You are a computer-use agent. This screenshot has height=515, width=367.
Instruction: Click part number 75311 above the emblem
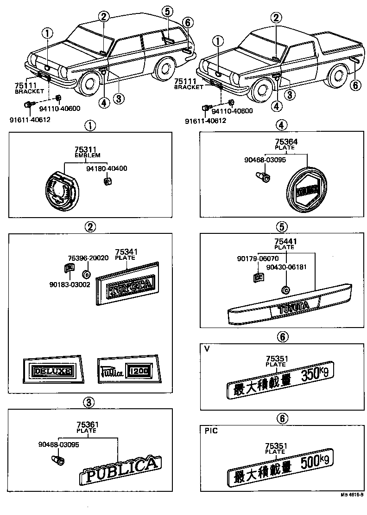pos(84,149)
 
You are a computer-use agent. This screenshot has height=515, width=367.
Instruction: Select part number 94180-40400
pos(107,168)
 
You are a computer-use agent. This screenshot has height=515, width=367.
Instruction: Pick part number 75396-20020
pos(88,258)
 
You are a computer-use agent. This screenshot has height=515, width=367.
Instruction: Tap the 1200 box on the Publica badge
pos(139,371)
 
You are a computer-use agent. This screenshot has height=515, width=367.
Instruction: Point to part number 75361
pos(86,425)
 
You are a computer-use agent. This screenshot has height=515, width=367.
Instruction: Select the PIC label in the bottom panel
pos(211,431)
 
